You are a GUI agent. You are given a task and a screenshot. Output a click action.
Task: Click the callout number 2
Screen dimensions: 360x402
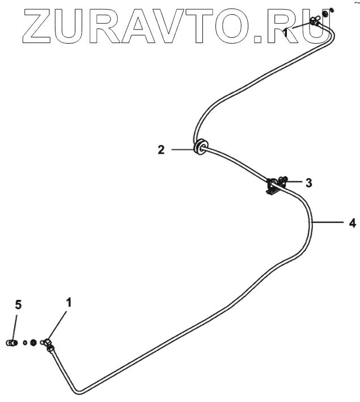point(162,150)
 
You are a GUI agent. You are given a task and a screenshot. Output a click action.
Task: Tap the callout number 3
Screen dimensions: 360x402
point(308,183)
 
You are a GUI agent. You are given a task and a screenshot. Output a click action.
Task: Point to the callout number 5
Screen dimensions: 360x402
point(18,305)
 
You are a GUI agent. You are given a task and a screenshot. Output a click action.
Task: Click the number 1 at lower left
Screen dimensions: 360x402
point(69,303)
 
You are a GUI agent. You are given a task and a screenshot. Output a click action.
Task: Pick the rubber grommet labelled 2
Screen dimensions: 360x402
point(200,147)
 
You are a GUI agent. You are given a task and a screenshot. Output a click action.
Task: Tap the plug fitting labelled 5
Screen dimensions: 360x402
point(11,342)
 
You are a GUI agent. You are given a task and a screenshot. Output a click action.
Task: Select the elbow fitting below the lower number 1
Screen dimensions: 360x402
point(48,344)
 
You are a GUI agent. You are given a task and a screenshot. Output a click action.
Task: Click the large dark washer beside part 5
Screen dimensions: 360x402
point(33,342)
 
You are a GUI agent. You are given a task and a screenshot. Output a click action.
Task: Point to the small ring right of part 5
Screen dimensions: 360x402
point(26,342)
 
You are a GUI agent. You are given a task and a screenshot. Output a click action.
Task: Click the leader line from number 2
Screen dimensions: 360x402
point(181,150)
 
